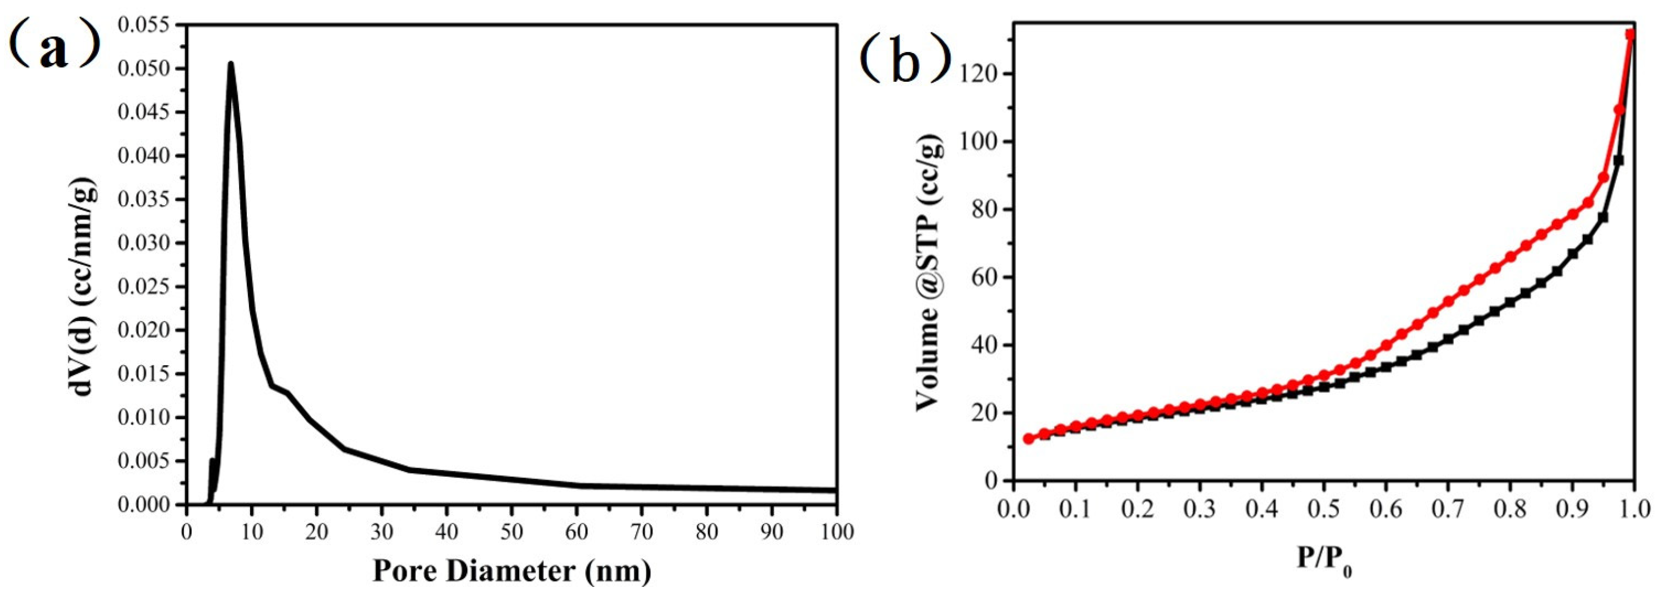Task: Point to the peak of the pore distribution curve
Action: (231, 64)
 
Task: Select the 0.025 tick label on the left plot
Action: (145, 287)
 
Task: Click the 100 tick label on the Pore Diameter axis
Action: (836, 532)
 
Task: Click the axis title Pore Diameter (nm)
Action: (511, 571)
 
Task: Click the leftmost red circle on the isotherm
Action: (1029, 439)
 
